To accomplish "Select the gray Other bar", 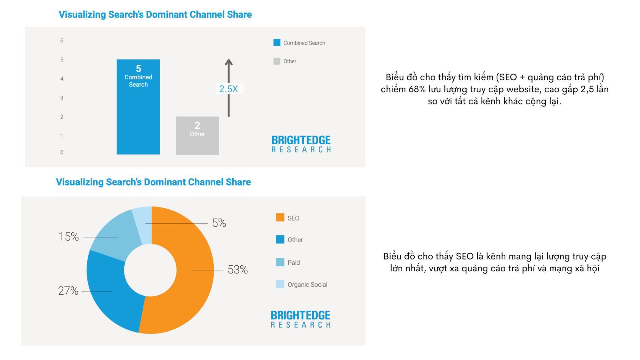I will (197, 144).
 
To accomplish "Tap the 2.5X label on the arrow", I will (228, 89).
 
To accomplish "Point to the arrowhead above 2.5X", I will (228, 62).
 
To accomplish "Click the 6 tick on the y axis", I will (62, 41).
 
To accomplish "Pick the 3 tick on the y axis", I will (62, 98).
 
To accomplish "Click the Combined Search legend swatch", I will (277, 43).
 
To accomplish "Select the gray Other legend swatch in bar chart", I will (277, 61).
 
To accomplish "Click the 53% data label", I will (237, 270).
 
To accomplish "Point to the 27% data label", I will (68, 291).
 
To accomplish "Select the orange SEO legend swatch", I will (280, 218).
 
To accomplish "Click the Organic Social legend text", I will (307, 284).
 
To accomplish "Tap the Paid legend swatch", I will (280, 262).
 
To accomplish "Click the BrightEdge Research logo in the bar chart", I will (301, 144).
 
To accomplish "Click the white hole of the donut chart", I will (150, 270).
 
